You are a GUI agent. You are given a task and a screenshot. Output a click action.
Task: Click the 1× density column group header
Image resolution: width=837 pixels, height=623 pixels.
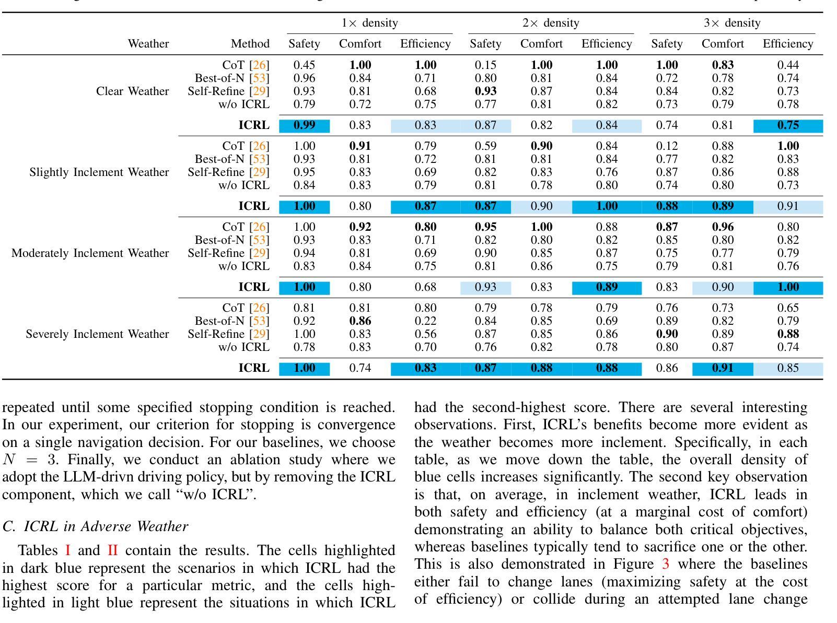click(x=369, y=23)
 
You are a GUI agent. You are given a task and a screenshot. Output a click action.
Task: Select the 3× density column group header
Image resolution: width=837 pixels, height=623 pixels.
click(x=732, y=23)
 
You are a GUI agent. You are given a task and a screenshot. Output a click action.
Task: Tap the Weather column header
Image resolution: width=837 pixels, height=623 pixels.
click(x=148, y=44)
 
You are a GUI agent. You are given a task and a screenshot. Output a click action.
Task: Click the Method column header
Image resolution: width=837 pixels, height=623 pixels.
click(x=250, y=44)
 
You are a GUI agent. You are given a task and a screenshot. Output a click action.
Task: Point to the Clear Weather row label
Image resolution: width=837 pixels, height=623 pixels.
click(x=132, y=91)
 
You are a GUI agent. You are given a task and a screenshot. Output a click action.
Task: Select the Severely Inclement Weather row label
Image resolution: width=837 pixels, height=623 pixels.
click(x=97, y=334)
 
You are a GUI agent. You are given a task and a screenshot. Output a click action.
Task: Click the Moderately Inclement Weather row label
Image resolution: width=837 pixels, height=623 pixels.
click(x=90, y=253)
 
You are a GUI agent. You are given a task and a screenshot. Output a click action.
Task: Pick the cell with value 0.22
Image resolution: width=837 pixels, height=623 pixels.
click(x=425, y=321)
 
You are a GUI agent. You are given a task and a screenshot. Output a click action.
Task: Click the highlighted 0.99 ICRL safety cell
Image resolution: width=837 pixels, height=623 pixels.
click(x=304, y=125)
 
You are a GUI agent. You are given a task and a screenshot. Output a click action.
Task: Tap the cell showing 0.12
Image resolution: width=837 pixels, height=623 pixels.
click(x=667, y=146)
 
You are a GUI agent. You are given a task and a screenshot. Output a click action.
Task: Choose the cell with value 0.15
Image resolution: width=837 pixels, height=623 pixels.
click(x=485, y=65)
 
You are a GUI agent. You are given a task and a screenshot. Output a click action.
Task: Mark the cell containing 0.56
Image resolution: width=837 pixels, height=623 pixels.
click(x=425, y=334)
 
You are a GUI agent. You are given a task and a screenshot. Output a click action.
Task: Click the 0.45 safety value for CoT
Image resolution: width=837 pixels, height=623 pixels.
click(x=304, y=65)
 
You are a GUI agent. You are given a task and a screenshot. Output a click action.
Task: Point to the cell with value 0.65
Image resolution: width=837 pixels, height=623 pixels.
click(x=788, y=308)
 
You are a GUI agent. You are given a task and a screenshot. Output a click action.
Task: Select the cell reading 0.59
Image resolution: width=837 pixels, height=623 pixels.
click(x=485, y=146)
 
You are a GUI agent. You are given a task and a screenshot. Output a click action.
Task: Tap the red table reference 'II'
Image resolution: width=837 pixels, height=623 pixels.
click(x=112, y=551)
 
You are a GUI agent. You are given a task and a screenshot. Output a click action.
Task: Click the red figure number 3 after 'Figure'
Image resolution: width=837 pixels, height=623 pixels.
click(x=665, y=565)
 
